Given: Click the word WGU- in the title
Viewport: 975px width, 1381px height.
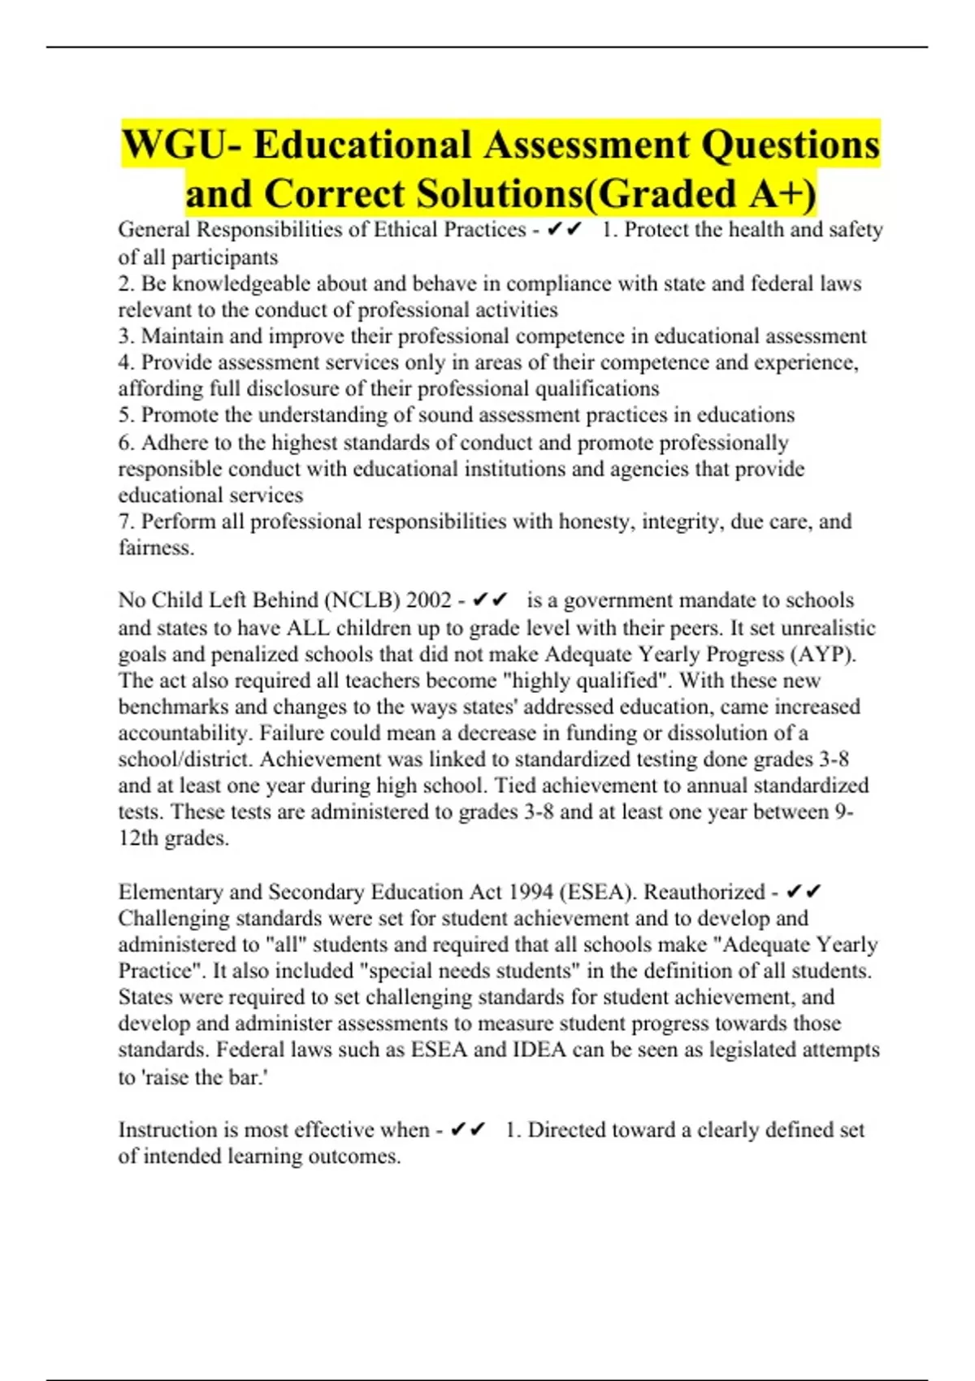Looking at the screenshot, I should pyautogui.click(x=180, y=145).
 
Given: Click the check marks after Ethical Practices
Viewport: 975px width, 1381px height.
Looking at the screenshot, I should pyautogui.click(x=565, y=231).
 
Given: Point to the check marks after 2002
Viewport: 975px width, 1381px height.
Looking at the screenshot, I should pyautogui.click(x=489, y=600).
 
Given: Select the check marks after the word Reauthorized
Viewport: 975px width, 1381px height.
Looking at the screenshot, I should pyautogui.click(x=804, y=892).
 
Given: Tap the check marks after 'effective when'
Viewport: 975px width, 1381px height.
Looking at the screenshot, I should pyautogui.click(x=467, y=1130).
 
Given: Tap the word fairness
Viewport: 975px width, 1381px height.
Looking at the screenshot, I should pyautogui.click(x=156, y=548).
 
